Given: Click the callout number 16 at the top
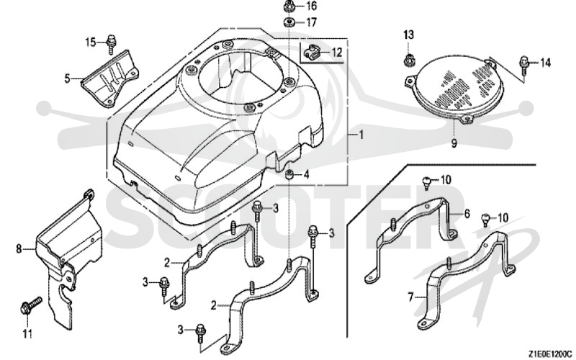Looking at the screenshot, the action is (311, 6).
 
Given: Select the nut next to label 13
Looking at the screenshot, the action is (408, 59).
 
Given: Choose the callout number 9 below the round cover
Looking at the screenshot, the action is (454, 143).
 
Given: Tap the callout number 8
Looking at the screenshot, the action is (19, 248).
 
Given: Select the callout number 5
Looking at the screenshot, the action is (67, 78).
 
